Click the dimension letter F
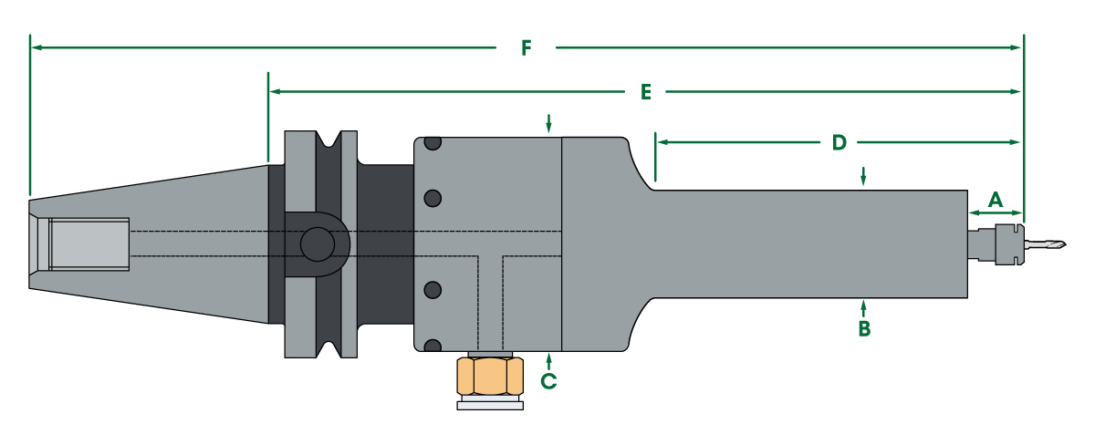click(526, 47)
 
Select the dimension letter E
click(646, 92)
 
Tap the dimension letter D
click(839, 142)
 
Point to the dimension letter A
click(996, 200)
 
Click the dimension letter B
click(864, 329)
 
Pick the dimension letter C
click(548, 381)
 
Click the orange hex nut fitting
click(490, 376)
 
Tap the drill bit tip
click(1065, 244)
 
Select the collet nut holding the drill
click(1009, 244)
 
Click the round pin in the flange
click(318, 244)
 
